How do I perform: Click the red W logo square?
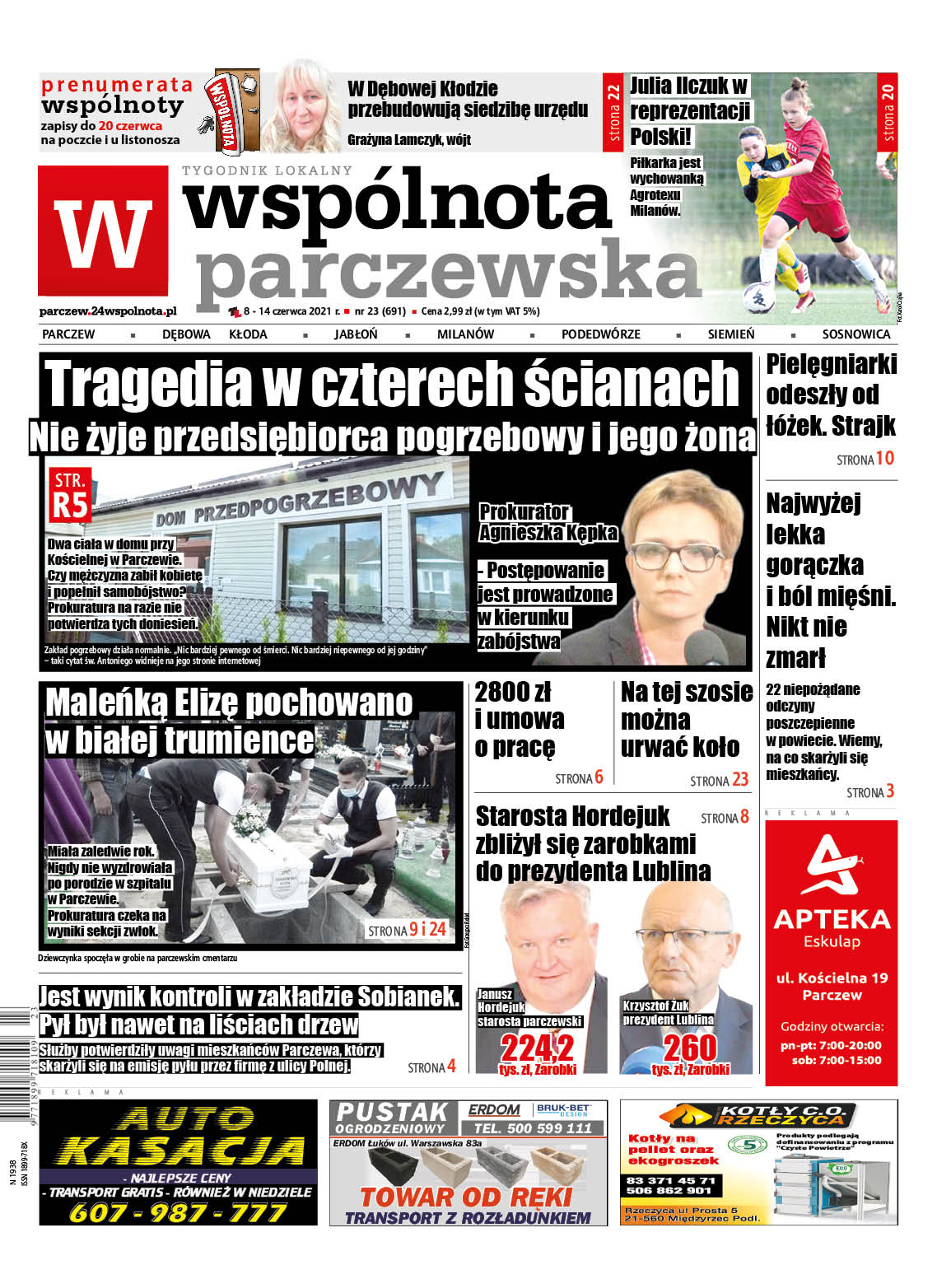coord(103,231)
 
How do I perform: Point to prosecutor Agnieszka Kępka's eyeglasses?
coord(675,554)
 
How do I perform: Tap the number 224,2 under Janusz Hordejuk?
coord(537,1048)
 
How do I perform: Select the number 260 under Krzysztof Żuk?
coord(690,1048)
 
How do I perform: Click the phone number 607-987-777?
coord(178,1212)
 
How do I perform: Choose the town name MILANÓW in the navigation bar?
coord(465,334)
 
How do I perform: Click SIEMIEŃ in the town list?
coord(730,334)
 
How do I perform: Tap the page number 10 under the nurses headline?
coord(884,459)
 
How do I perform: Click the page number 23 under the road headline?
coord(739,780)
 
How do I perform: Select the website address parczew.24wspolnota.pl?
coord(108,311)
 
